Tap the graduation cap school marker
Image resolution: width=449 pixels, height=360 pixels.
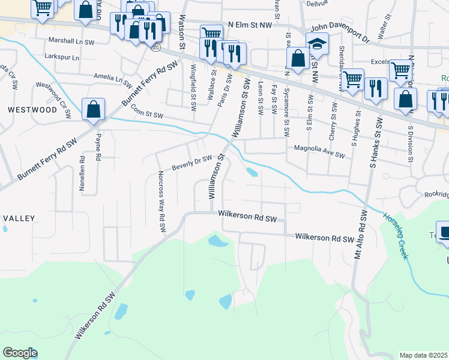click(317, 44)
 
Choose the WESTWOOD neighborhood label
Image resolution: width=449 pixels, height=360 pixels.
click(23, 110)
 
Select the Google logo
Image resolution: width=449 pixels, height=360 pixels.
click(19, 353)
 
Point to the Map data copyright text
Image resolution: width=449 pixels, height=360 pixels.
click(424, 355)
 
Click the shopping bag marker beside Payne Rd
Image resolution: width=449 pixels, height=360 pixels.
click(93, 110)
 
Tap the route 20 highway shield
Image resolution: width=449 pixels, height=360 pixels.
click(156, 47)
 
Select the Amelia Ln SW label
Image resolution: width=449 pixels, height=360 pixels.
click(112, 77)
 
